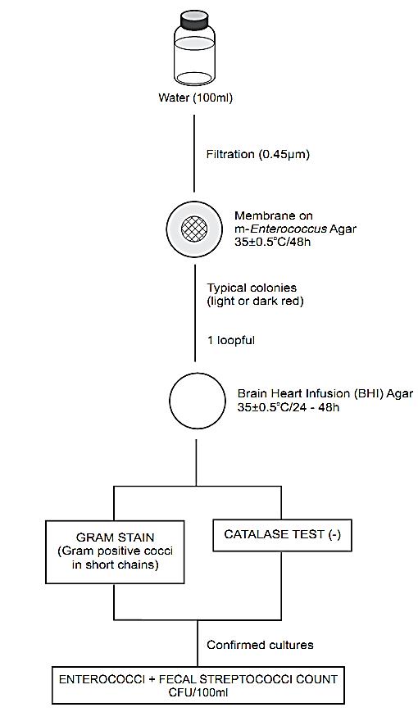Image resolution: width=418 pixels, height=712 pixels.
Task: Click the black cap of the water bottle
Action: pyautogui.click(x=195, y=20)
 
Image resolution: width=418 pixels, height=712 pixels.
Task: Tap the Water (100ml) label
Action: pyautogui.click(x=195, y=98)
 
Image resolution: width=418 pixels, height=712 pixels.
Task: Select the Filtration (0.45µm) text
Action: pyautogui.click(x=258, y=154)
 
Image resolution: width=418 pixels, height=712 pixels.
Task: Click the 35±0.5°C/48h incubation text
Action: pyautogui.click(x=273, y=241)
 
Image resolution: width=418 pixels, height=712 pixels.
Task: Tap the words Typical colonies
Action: pyautogui.click(x=252, y=288)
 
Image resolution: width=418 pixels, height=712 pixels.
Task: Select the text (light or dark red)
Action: pyautogui.click(x=255, y=301)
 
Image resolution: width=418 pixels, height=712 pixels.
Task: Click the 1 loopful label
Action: pyautogui.click(x=231, y=341)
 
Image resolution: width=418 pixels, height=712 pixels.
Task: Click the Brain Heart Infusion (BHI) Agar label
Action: pyautogui.click(x=325, y=393)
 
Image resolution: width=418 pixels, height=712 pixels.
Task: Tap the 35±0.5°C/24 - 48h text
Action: pyautogui.click(x=288, y=406)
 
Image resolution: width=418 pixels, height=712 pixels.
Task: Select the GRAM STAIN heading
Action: pyautogui.click(x=116, y=537)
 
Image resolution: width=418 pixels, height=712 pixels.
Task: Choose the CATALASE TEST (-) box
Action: pyautogui.click(x=282, y=535)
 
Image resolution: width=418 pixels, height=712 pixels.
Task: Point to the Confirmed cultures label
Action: pyautogui.click(x=261, y=645)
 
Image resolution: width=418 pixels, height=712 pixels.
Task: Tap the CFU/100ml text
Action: pyautogui.click(x=198, y=693)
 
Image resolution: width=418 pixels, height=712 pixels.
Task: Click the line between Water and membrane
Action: pyautogui.click(x=195, y=153)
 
